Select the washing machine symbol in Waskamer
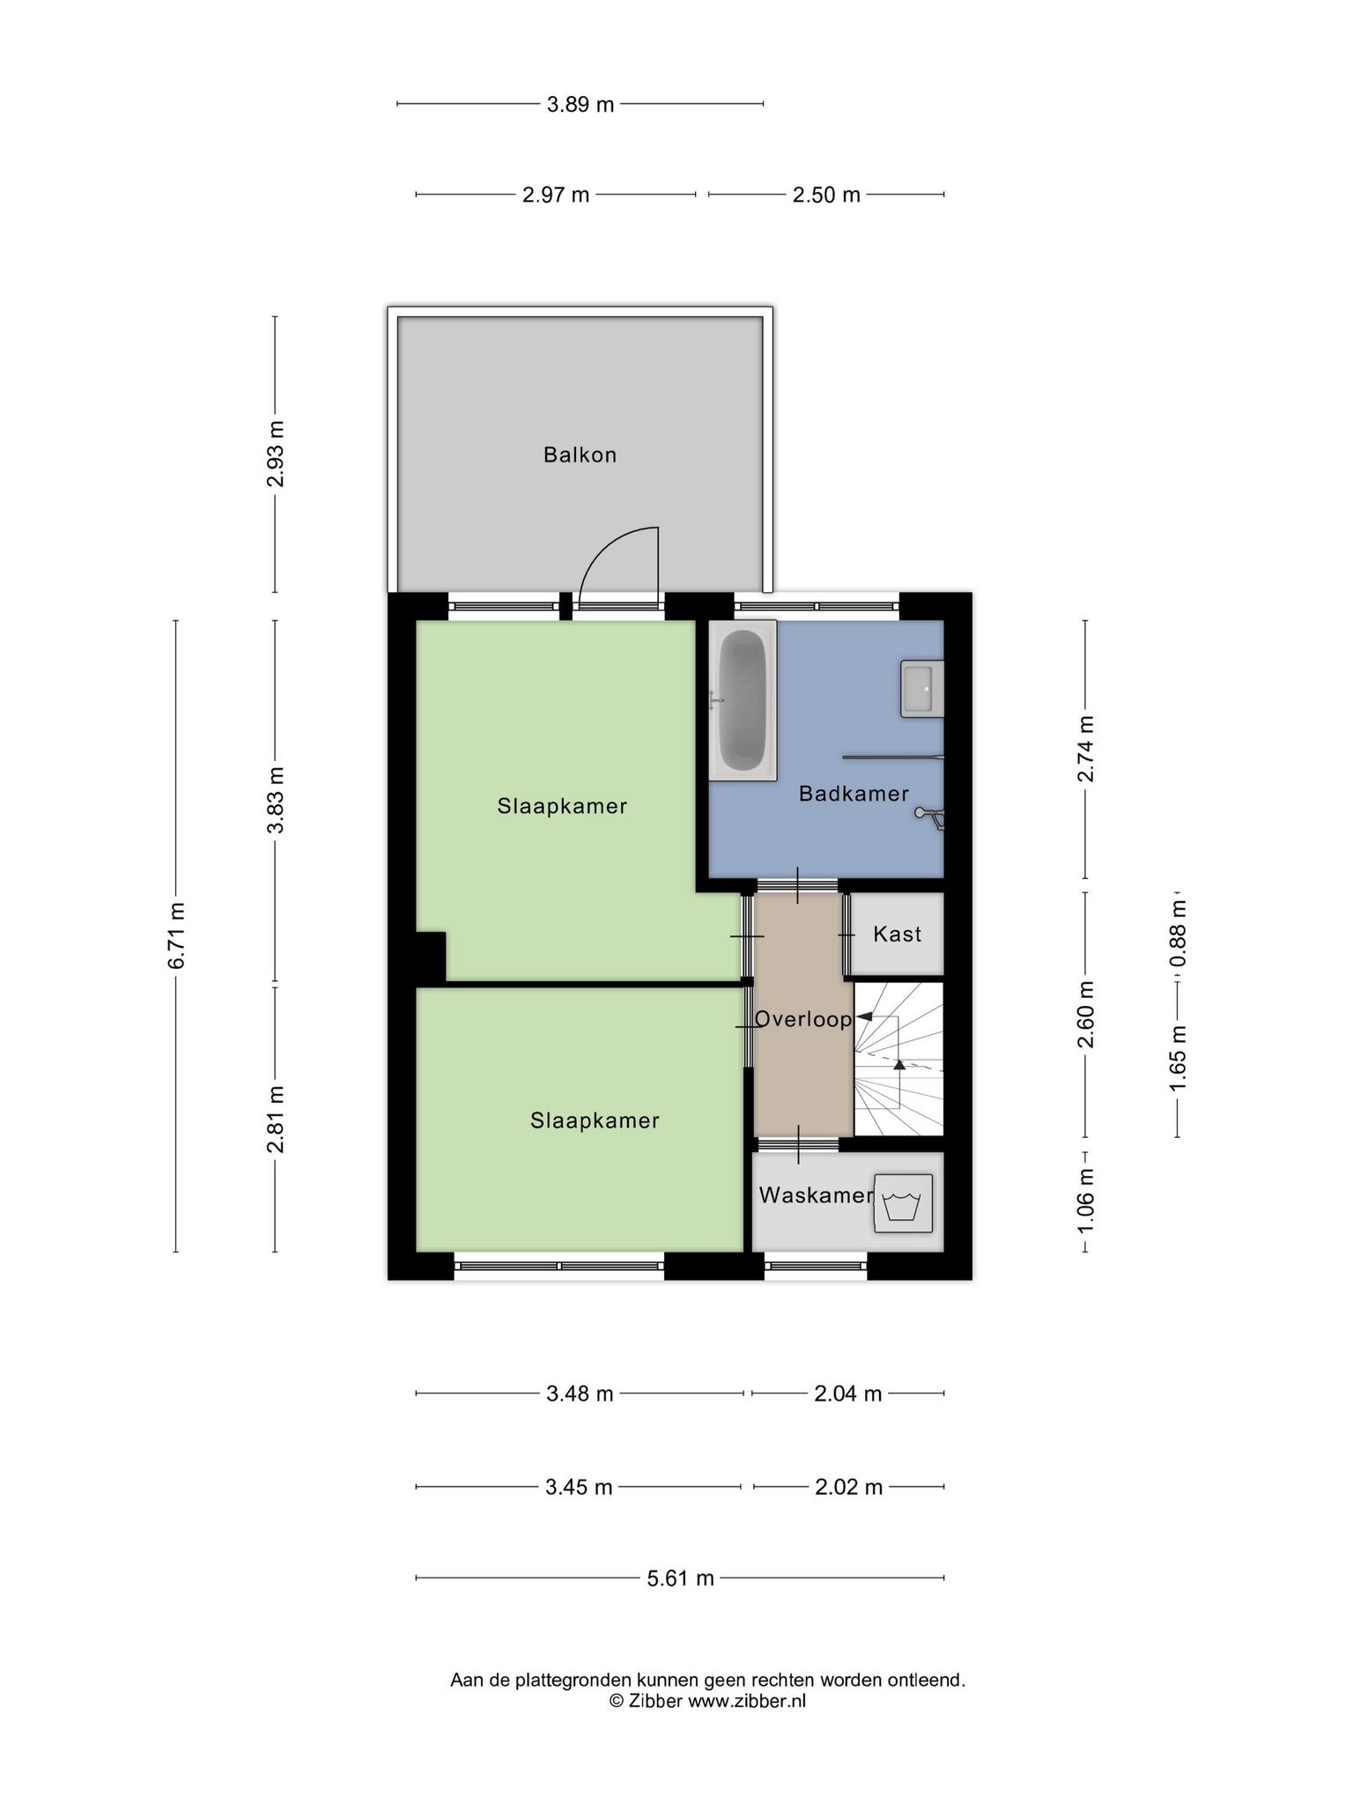coord(903,1202)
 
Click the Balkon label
coord(580,455)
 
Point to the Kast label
coord(897,934)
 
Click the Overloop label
coord(803,1019)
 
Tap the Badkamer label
coord(854,794)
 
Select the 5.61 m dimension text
coord(680,1578)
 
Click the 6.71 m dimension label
coord(176,935)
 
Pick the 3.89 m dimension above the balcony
coord(580,104)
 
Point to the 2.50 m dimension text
coord(825,195)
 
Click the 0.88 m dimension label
coord(1178,933)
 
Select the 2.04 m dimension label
coord(847,1394)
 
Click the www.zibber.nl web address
coord(746,1701)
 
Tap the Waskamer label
coord(816,1195)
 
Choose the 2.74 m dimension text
coord(1085,748)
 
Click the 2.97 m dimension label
coord(555,195)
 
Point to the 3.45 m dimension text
coord(578,1487)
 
